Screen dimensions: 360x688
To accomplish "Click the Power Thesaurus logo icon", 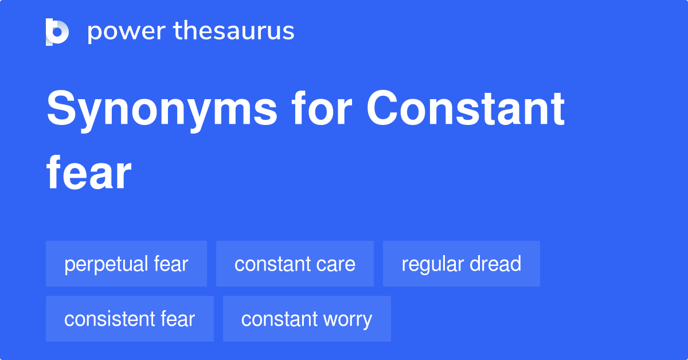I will [x=57, y=32].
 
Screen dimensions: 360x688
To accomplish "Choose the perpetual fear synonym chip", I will [x=126, y=264].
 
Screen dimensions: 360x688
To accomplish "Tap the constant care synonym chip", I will [x=295, y=264].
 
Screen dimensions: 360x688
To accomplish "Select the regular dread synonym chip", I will [x=462, y=264].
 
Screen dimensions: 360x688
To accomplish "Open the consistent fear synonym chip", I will [x=130, y=319].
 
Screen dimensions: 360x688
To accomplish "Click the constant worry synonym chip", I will [x=307, y=319].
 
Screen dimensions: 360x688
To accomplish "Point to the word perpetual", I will [x=106, y=265].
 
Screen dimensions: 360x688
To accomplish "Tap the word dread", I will [x=494, y=264].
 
